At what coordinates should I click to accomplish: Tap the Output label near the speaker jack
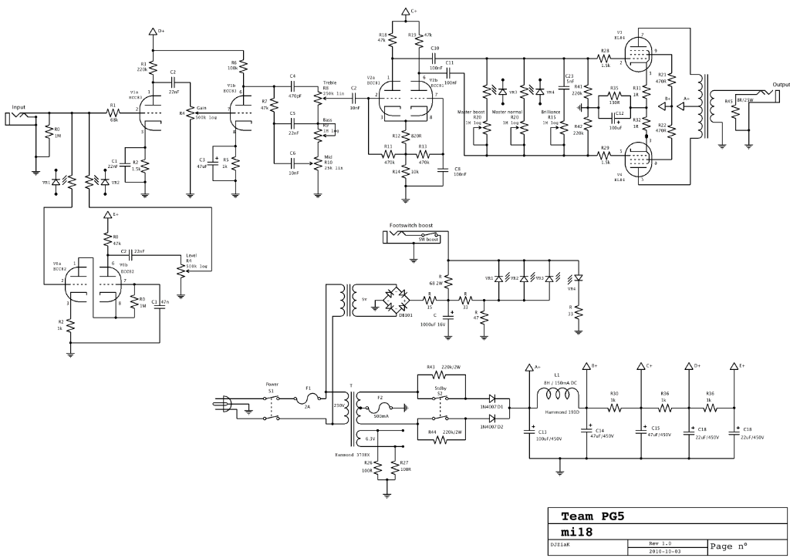click(x=781, y=85)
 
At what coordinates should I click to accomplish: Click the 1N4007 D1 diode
click(x=492, y=398)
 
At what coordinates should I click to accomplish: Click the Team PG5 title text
click(x=592, y=516)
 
